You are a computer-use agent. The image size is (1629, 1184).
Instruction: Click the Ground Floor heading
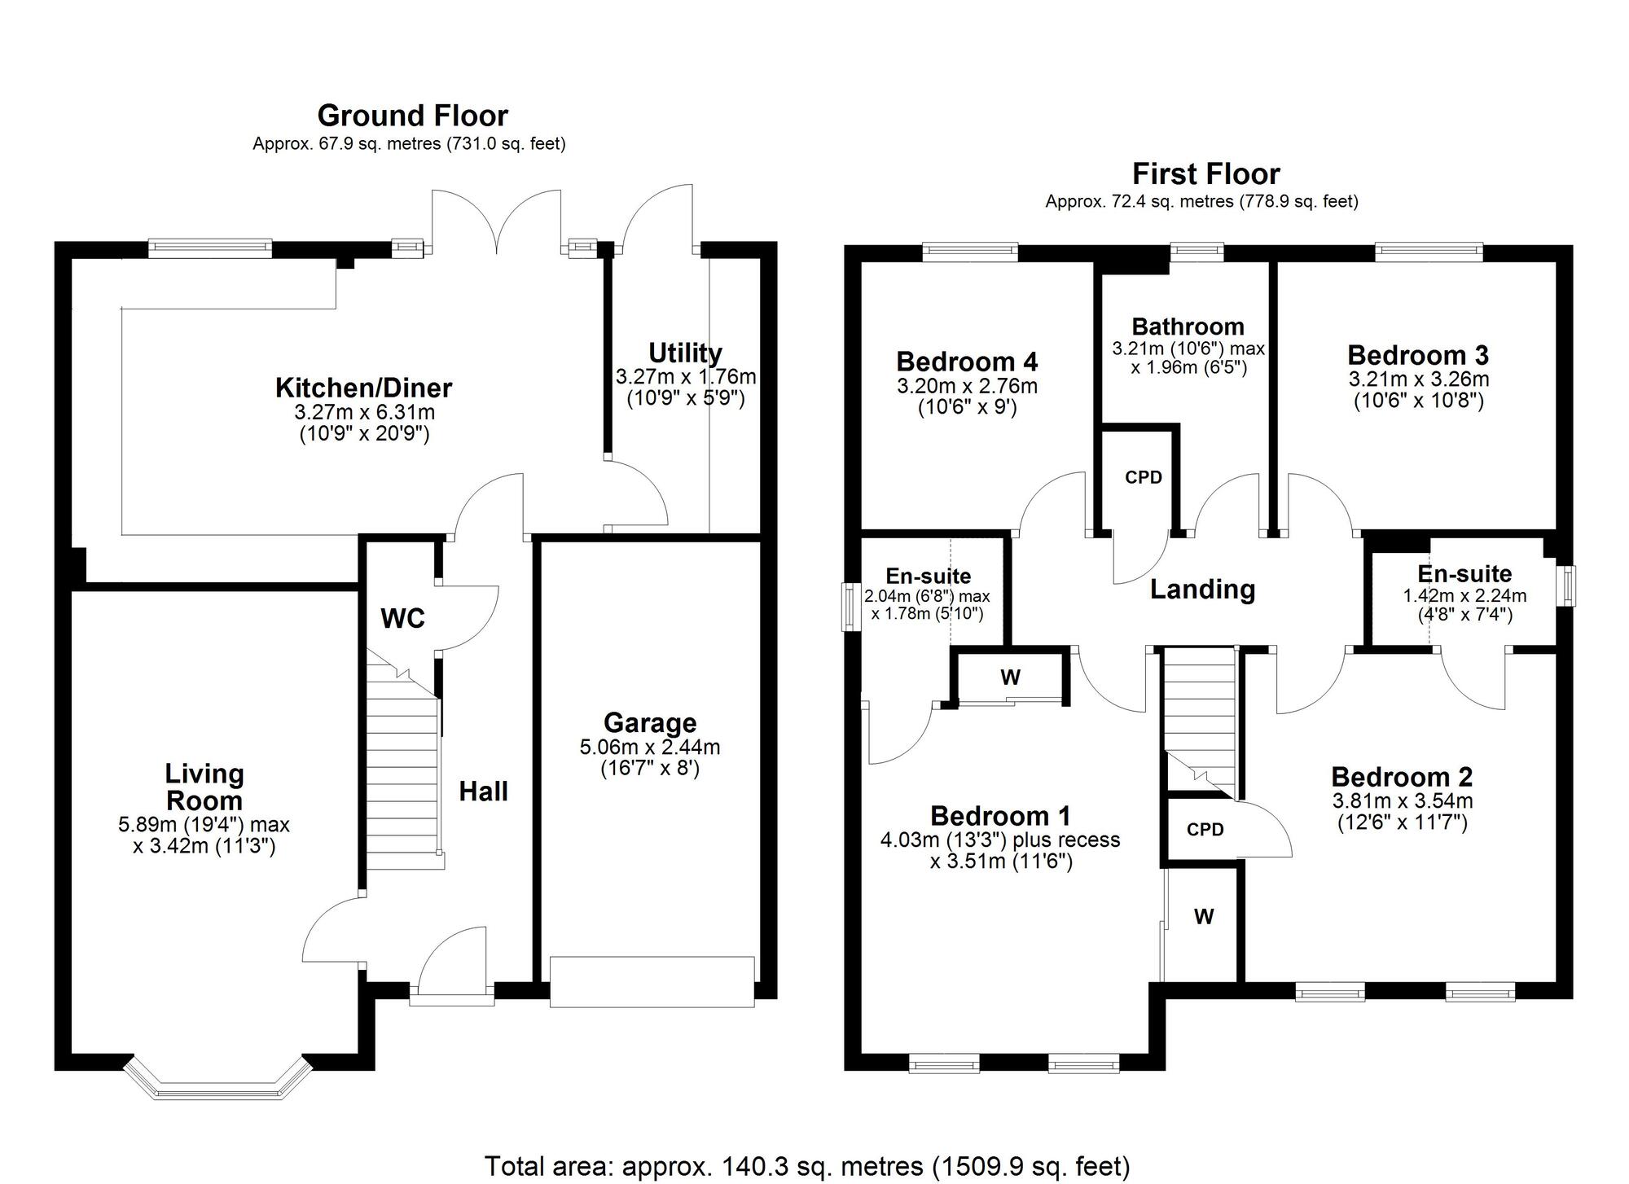tap(412, 116)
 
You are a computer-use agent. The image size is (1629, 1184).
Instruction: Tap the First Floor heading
tap(1205, 173)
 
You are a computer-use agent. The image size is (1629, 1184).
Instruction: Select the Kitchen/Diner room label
tap(363, 388)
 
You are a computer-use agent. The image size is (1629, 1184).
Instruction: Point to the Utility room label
tap(685, 353)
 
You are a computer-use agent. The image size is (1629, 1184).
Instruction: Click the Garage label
tap(650, 722)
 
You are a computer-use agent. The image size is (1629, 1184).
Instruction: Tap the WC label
tap(402, 619)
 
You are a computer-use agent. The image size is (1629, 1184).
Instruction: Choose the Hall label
tap(483, 791)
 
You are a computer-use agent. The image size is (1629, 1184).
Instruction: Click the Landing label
tap(1202, 589)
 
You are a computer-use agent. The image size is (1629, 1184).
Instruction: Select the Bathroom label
tap(1188, 327)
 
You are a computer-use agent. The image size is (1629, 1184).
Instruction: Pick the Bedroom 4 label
tap(967, 361)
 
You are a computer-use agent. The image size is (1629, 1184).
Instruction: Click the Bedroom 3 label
tap(1418, 355)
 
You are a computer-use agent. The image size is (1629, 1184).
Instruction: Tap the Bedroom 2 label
tap(1402, 777)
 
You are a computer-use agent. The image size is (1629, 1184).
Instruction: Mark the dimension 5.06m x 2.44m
tap(650, 747)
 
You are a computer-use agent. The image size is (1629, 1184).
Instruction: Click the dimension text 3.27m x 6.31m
tap(364, 412)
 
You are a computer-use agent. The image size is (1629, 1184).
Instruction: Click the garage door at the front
tap(652, 982)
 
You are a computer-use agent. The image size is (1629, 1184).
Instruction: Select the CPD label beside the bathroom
tap(1144, 477)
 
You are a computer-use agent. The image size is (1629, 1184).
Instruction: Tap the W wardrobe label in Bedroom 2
tap(1204, 917)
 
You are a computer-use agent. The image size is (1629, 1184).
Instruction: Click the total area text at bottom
tap(807, 1166)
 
